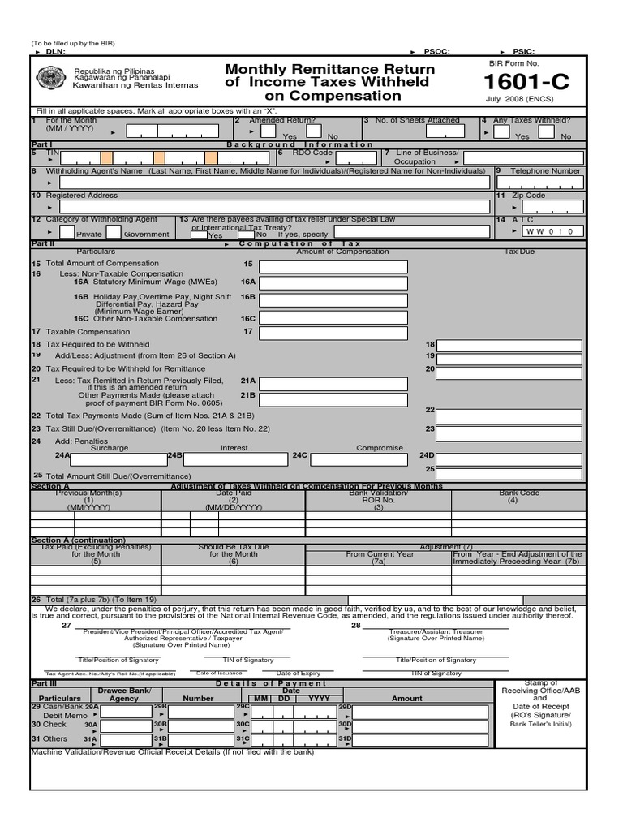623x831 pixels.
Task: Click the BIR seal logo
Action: (x=51, y=79)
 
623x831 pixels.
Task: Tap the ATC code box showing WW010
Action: (x=552, y=231)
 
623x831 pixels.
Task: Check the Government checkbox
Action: (x=114, y=232)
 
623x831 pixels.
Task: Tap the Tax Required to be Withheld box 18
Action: (x=511, y=346)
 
